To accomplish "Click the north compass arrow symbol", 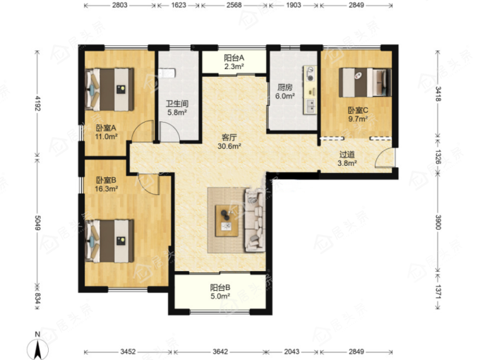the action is click(37, 348).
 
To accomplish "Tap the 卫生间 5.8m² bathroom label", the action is click(177, 108).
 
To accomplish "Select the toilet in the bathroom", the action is click(167, 73).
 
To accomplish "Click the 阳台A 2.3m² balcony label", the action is click(234, 62).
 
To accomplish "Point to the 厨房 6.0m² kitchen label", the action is click(284, 92).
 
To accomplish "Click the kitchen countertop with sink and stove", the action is click(310, 90).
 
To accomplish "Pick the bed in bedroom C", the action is click(365, 83).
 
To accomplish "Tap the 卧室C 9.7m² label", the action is click(358, 114).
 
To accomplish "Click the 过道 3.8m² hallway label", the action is click(347, 159).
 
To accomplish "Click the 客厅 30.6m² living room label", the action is click(229, 142).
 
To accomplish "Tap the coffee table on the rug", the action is click(227, 221).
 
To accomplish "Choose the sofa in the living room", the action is click(255, 220).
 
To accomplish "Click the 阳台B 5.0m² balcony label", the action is click(220, 292).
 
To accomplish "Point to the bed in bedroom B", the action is click(109, 241).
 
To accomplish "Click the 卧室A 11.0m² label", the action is click(106, 132).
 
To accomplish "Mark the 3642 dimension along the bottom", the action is click(220, 352).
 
